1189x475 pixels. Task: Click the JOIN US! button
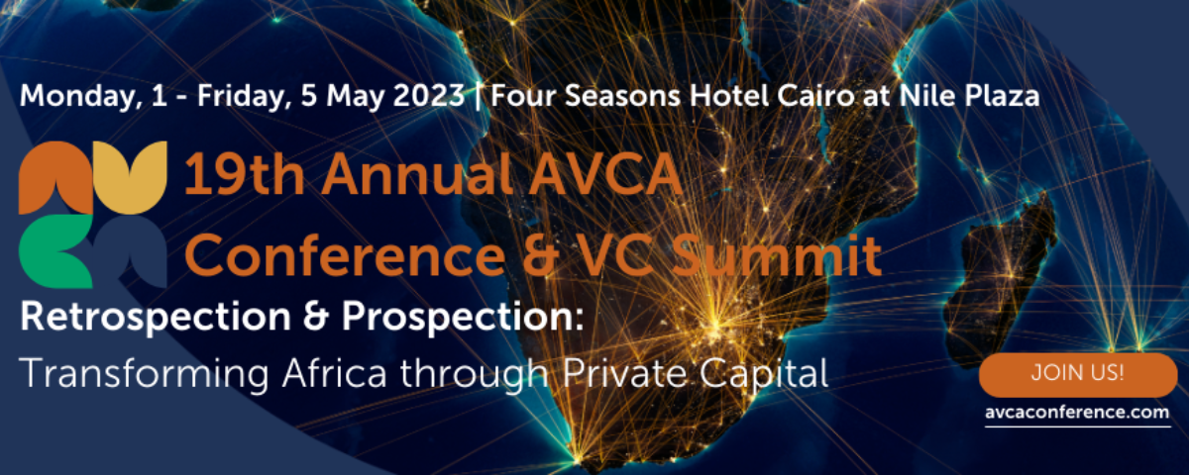click(1078, 374)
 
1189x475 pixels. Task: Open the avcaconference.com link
click(1078, 413)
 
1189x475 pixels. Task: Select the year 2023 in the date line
click(429, 96)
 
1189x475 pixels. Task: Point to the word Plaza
click(1002, 96)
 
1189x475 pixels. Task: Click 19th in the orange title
click(244, 175)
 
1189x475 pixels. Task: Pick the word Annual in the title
click(417, 175)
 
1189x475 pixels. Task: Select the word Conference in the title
click(345, 254)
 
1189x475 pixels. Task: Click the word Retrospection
click(156, 317)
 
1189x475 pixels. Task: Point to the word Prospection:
click(463, 317)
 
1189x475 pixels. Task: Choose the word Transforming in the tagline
click(145, 375)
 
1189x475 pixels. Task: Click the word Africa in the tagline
click(335, 373)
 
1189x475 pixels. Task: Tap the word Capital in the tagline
click(764, 375)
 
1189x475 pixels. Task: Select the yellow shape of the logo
click(131, 177)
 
